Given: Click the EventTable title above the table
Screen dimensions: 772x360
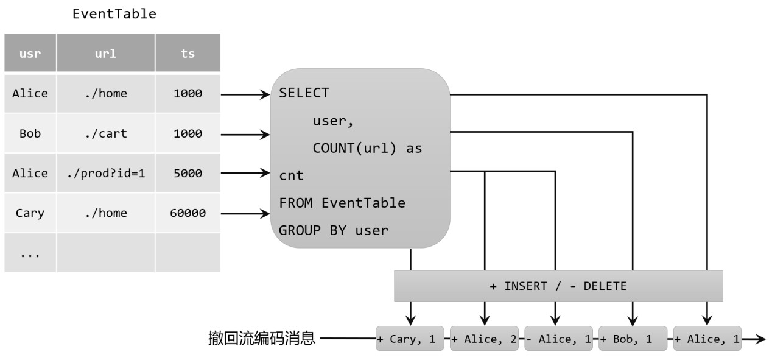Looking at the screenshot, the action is [114, 14].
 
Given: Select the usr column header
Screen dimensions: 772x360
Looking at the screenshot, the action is [30, 53].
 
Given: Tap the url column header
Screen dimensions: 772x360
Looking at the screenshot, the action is [106, 53].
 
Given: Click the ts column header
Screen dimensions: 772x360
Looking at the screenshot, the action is [188, 53].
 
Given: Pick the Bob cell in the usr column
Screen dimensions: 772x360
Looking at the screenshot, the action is [30, 133].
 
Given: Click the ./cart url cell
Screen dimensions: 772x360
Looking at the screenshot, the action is [106, 133].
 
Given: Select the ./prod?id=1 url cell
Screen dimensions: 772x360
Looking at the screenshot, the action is [106, 173].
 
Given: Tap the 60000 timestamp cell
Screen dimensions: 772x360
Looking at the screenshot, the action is [188, 213].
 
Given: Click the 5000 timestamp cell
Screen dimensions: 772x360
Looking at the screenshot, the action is [188, 173].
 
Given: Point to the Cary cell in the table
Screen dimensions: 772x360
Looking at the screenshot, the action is [30, 213].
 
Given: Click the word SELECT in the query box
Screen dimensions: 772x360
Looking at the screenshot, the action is [304, 93].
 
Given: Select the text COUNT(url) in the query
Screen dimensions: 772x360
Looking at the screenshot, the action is [354, 148].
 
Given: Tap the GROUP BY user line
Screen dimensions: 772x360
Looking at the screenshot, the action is [334, 230].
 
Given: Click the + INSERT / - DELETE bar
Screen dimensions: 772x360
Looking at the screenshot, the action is [558, 286].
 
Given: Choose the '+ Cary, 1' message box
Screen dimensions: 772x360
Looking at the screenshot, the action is [410, 339].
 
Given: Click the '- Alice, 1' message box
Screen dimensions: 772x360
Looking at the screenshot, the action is [559, 339].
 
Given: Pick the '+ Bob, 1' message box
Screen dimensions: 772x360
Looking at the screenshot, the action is [633, 339].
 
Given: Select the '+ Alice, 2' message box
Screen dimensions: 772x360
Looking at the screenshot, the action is [484, 339].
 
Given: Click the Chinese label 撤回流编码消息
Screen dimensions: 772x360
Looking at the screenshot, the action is [262, 338].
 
